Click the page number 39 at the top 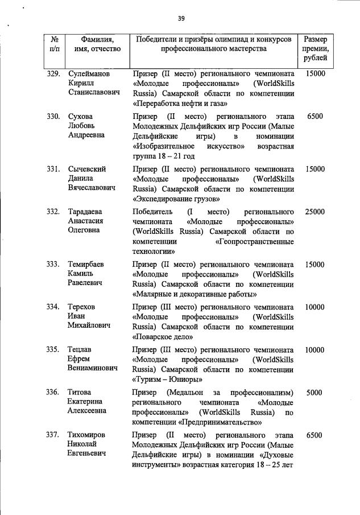(181, 18)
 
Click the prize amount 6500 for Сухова (315, 116)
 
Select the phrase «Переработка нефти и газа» (180, 104)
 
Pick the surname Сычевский (87, 169)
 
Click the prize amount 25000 (315, 212)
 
